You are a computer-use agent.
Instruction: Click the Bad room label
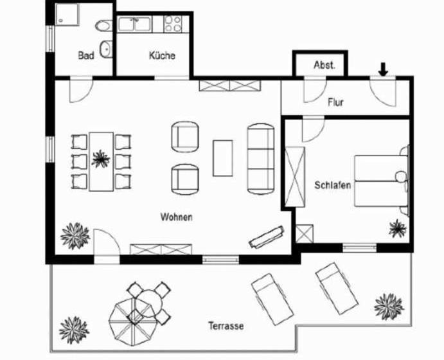pos(86,55)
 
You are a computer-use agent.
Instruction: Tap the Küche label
pos(162,55)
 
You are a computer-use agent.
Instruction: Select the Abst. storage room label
pos(324,65)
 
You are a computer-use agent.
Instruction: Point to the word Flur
pos(336,102)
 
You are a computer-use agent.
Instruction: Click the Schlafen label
pos(333,185)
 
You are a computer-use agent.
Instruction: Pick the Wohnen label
pos(177,217)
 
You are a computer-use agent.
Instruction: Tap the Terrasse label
pos(226,326)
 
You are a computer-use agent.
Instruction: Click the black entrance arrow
pos(383,69)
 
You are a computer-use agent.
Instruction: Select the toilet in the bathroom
pos(104,26)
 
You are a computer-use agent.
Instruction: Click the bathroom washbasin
pos(106,50)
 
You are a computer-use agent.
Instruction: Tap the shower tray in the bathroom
pos(67,15)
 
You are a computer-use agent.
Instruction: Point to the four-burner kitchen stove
pos(173,24)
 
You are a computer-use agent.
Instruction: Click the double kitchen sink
pos(134,24)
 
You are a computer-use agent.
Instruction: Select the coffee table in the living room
pos(223,158)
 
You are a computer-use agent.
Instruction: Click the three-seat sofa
pos(261,159)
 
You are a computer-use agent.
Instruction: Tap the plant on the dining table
pos(100,159)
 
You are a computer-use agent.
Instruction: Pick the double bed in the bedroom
pos(381,181)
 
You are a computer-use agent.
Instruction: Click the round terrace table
pos(148,303)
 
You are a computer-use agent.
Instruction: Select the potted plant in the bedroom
pos(397,228)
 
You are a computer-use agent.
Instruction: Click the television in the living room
pos(267,237)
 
